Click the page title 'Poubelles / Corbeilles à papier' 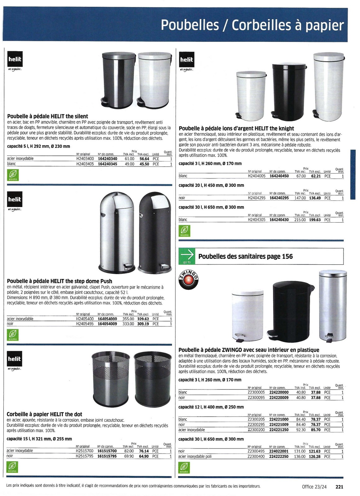click(x=252, y=25)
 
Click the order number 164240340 click(x=107, y=159)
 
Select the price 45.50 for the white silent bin click(x=144, y=164)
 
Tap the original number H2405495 click(x=85, y=324)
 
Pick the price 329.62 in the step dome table click(x=143, y=319)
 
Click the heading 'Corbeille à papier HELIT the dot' click(x=44, y=414)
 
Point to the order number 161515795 click(x=107, y=456)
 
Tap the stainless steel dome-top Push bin click(x=117, y=233)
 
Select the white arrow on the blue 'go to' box click(x=187, y=255)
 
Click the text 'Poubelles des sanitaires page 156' click(x=245, y=256)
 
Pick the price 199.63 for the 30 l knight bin click(x=315, y=220)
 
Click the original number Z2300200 click(x=256, y=430)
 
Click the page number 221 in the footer click(x=339, y=487)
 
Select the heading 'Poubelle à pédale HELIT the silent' click(x=47, y=116)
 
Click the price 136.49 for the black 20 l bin click(x=315, y=198)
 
